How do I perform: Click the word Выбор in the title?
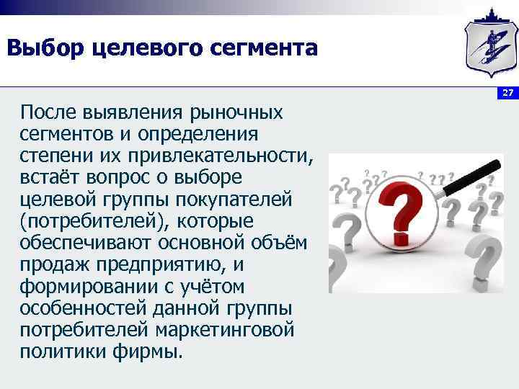point(44,48)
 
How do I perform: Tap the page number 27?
point(507,93)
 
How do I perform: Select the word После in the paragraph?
point(50,112)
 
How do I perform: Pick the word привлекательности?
point(229,156)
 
